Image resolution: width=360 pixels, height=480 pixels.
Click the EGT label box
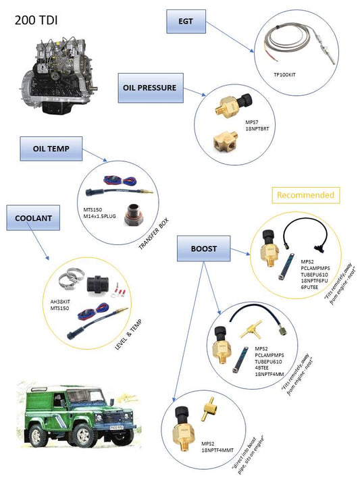(x=186, y=22)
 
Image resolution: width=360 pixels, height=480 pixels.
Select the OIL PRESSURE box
(x=151, y=88)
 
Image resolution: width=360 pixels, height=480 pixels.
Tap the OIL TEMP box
(x=51, y=149)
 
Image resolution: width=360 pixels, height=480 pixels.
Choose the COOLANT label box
(x=33, y=218)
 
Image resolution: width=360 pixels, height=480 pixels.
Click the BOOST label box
(x=204, y=248)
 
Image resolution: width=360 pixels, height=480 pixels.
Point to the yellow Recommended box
(x=306, y=195)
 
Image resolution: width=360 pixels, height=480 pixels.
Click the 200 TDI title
(x=36, y=20)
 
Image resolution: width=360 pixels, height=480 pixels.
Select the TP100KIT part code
(x=284, y=75)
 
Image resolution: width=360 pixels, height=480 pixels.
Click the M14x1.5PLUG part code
(x=99, y=216)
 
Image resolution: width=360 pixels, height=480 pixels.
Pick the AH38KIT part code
(x=60, y=302)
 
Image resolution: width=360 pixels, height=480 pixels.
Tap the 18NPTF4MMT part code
(x=217, y=450)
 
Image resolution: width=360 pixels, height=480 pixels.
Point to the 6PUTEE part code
(x=309, y=287)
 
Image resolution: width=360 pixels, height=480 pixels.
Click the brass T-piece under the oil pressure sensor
(x=226, y=140)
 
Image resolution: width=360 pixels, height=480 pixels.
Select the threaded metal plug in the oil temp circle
(x=134, y=215)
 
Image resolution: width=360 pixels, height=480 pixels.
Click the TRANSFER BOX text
(x=154, y=234)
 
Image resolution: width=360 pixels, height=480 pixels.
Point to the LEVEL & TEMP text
(x=128, y=335)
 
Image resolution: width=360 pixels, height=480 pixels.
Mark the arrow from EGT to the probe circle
(x=230, y=37)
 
